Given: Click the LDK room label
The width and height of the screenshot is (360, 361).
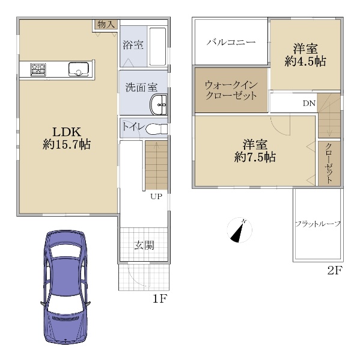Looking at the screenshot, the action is tap(67, 132).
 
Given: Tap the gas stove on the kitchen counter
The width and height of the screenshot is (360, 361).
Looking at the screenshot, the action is tap(38, 70).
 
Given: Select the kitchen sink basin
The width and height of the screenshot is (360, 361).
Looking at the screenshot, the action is tap(79, 69).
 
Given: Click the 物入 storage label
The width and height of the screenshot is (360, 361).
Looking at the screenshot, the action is tap(106, 24).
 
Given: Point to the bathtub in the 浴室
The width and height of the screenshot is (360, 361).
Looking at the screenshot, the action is tap(157, 47).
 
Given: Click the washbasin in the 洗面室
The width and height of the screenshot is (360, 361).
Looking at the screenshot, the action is tap(158, 105).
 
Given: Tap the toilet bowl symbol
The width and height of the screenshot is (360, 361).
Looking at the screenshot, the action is tap(156, 128).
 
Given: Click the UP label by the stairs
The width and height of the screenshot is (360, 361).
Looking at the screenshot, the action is tap(156, 196).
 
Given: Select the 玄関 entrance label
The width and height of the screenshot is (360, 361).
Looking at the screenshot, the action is tap(144, 245).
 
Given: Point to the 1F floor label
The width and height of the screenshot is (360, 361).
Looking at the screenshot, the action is tap(159, 299).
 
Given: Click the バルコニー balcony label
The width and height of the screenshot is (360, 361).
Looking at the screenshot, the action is tap(231, 42).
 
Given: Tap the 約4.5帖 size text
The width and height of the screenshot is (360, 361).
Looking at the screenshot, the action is tap(305, 61).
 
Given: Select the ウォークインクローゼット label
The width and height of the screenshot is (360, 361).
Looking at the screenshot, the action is tap(231, 90).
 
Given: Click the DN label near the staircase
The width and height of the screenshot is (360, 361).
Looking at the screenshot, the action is tap(309, 103).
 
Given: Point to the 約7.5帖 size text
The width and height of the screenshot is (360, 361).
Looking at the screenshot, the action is tap(255, 158).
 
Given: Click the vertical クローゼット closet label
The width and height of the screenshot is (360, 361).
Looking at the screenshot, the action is tap(329, 163).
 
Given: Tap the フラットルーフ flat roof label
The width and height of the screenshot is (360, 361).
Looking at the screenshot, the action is tap(318, 224).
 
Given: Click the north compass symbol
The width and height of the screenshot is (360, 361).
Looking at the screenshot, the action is tap(239, 230).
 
